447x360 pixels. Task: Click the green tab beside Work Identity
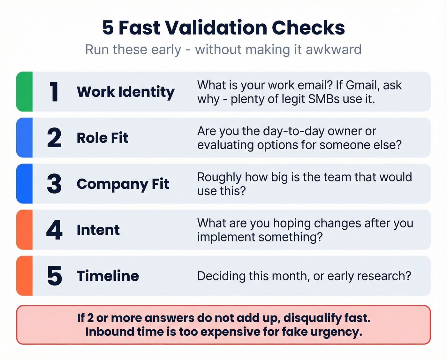click(x=25, y=92)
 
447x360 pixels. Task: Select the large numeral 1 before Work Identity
click(x=54, y=92)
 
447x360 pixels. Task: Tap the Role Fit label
click(x=102, y=138)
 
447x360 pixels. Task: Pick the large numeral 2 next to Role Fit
click(x=54, y=138)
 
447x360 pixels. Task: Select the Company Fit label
click(x=123, y=184)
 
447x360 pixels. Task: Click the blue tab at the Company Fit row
click(x=25, y=184)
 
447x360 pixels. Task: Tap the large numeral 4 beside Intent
click(x=54, y=230)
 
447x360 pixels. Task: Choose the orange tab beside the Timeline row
click(x=25, y=276)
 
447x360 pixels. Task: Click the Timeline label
click(x=108, y=276)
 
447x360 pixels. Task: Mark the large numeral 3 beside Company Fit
click(x=54, y=184)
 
